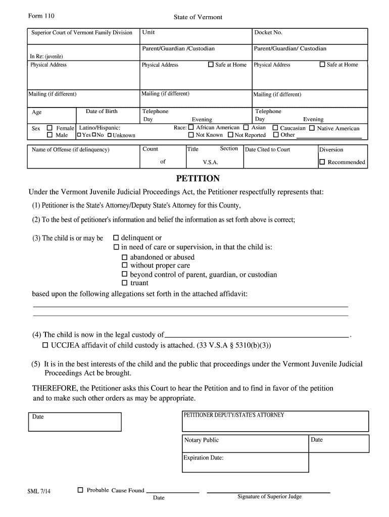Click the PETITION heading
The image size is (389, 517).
tap(198, 179)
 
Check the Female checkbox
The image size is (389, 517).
tap(50, 128)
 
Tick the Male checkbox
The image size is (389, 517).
tap(50, 135)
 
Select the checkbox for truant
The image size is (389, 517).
tap(125, 283)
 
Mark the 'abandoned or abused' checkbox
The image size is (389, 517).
tap(125, 257)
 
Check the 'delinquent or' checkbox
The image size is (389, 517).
tap(116, 238)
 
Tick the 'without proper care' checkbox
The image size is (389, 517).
tap(125, 266)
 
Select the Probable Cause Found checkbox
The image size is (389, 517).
tap(80, 490)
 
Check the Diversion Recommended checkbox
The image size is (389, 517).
tap(322, 162)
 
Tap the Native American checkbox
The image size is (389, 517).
tap(312, 128)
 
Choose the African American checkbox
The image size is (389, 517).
tap(191, 128)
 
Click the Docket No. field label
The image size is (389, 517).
tap(268, 33)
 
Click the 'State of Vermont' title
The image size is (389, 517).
tap(198, 17)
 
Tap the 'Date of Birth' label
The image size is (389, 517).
tap(102, 112)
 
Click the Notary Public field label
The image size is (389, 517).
tap(202, 440)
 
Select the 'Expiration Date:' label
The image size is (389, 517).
tap(203, 458)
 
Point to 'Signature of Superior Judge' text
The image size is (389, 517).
tap(269, 497)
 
